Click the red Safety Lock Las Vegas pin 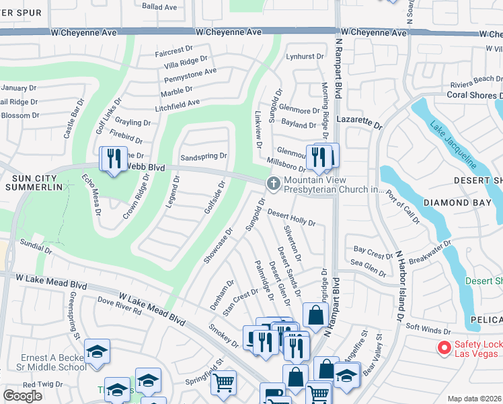click(x=443, y=347)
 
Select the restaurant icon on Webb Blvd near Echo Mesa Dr click(x=112, y=160)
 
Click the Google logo click(x=22, y=396)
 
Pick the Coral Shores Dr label click(x=474, y=95)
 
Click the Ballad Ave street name click(x=159, y=7)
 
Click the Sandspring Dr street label click(x=204, y=156)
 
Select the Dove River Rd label click(x=119, y=306)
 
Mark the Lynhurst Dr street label click(x=300, y=57)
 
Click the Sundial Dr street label click(x=36, y=246)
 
